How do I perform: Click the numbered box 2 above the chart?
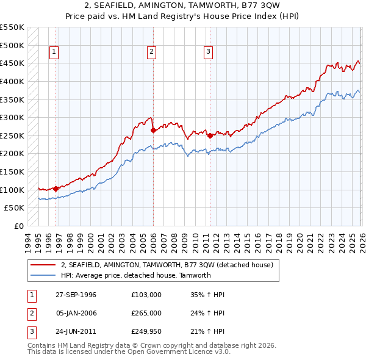[151, 52]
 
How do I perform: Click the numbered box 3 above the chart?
[208, 52]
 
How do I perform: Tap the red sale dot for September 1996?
[56, 189]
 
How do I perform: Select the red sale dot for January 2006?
[152, 130]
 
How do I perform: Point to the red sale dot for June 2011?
[210, 135]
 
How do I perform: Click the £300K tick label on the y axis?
[12, 117]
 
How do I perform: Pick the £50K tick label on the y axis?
[15, 208]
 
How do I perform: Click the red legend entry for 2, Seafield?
[170, 265]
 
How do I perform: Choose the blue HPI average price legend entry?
[135, 275]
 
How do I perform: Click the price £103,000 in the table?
[146, 295]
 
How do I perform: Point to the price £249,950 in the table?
[146, 331]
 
